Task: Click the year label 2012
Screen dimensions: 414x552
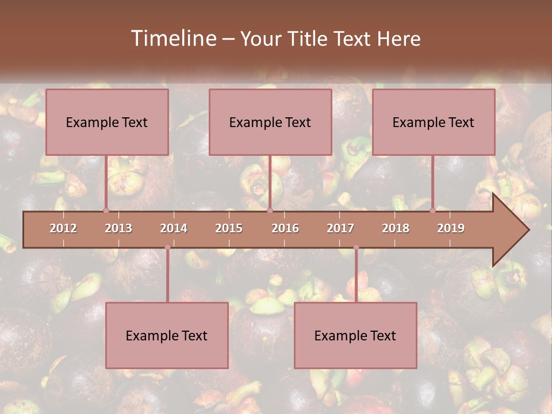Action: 63,228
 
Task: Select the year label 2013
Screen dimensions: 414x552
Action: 118,228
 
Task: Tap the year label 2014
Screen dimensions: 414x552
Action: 174,228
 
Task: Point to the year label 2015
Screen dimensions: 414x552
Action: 229,228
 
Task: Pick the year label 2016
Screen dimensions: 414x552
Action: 285,228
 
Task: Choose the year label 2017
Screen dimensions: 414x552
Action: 340,228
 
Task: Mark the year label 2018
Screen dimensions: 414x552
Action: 396,228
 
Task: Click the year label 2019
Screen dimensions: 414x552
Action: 451,228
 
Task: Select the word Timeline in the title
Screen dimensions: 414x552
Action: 172,39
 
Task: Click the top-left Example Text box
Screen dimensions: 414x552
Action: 107,122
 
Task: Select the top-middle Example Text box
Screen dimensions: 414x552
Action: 270,122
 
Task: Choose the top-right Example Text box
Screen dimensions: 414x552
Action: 434,122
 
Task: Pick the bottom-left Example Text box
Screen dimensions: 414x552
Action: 167,335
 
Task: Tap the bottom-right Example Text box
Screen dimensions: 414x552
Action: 355,335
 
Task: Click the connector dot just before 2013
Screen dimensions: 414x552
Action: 106,210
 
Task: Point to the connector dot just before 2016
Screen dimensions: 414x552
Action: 270,210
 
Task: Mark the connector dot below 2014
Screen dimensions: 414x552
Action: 167,247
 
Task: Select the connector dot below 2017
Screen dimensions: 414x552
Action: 356,247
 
